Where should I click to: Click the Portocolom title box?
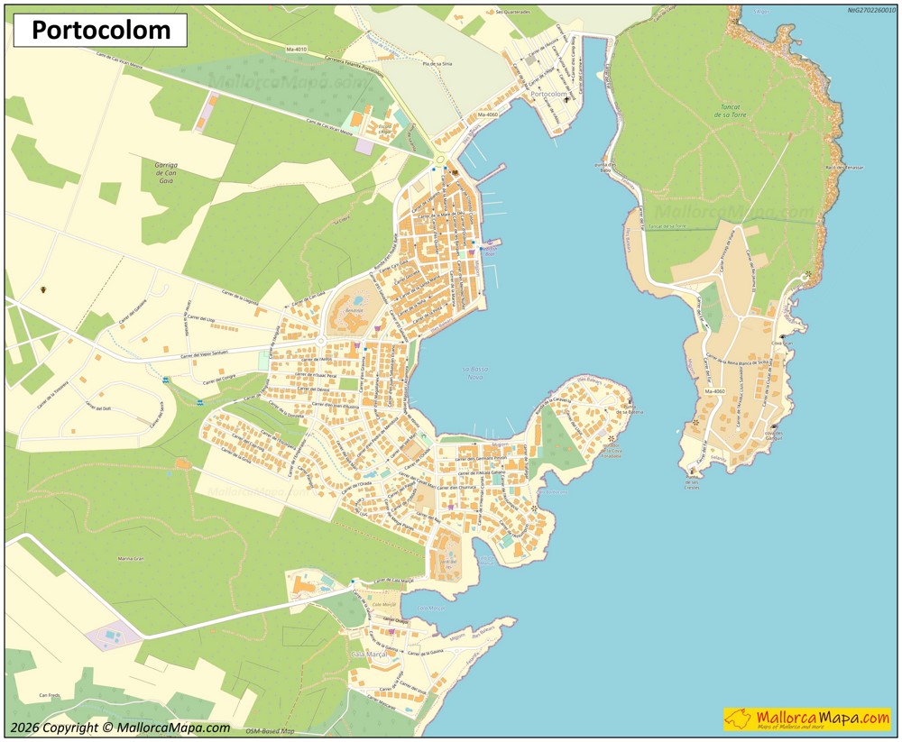(x=100, y=31)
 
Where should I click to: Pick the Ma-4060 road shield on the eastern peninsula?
(x=713, y=392)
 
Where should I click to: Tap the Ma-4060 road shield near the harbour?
(x=488, y=115)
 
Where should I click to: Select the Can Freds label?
(x=49, y=695)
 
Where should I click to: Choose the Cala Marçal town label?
(x=369, y=654)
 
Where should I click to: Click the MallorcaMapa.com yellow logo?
(x=806, y=719)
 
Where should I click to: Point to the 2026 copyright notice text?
(x=120, y=728)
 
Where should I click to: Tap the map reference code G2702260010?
(x=871, y=11)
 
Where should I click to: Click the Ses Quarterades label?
(x=512, y=13)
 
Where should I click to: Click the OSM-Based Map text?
(x=270, y=731)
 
